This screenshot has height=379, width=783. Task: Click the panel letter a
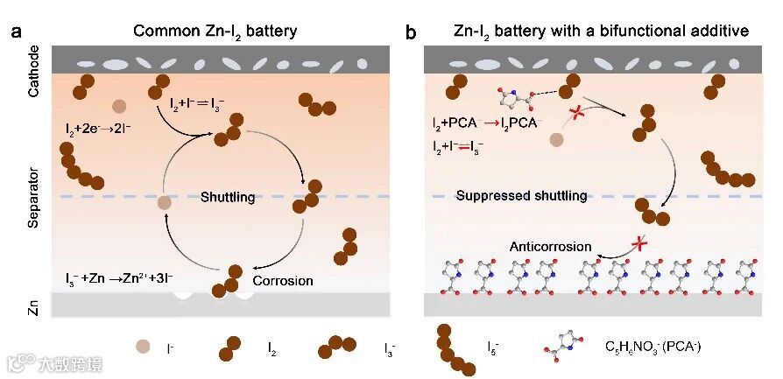pyautogui.click(x=16, y=33)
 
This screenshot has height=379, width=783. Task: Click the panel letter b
pyautogui.click(x=412, y=33)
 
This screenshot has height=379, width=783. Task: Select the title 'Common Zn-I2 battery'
pyautogui.click(x=215, y=32)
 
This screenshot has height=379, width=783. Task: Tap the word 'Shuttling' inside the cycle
pyautogui.click(x=227, y=197)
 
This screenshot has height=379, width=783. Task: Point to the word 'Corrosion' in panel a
pyautogui.click(x=282, y=281)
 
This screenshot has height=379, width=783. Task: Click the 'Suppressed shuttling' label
pyautogui.click(x=521, y=196)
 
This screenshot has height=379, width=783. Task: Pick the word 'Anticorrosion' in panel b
pyautogui.click(x=551, y=247)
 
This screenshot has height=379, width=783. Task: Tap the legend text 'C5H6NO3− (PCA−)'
pyautogui.click(x=652, y=348)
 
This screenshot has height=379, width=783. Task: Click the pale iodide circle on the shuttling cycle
pyautogui.click(x=163, y=203)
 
